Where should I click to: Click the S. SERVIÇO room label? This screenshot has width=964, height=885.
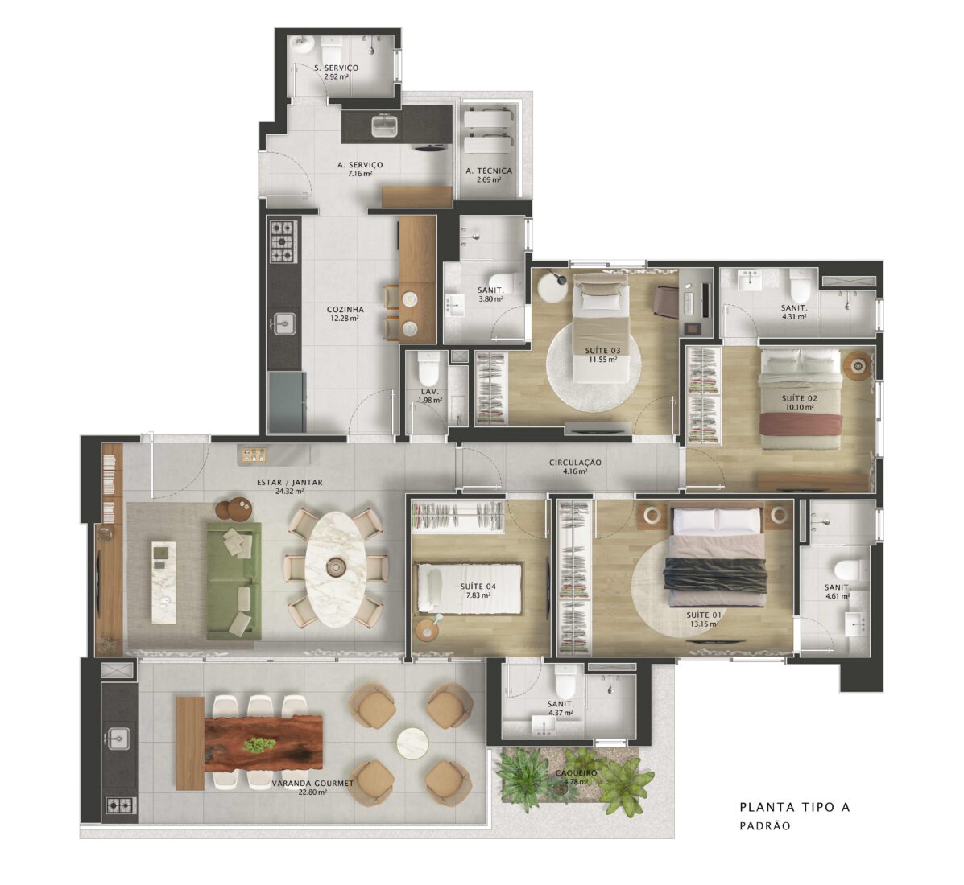tap(336, 68)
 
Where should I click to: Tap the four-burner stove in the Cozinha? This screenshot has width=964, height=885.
tap(283, 241)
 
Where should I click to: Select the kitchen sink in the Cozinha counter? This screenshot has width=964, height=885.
tap(284, 323)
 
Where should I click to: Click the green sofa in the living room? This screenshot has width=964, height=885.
tap(234, 580)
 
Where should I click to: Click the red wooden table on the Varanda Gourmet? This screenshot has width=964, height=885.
tap(263, 743)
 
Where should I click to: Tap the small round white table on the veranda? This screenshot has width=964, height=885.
tap(412, 743)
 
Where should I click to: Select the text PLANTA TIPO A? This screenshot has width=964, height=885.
tap(795, 807)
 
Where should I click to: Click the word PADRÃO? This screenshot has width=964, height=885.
tap(765, 826)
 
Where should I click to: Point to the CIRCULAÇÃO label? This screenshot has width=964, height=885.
tap(575, 463)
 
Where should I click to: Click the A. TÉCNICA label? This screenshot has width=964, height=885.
tap(488, 171)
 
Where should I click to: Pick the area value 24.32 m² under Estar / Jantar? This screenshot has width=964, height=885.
tap(289, 492)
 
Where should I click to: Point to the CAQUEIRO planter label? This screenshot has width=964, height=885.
tap(576, 772)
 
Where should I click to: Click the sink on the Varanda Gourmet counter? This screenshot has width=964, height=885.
tap(118, 739)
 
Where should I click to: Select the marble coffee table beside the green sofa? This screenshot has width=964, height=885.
tap(163, 582)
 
